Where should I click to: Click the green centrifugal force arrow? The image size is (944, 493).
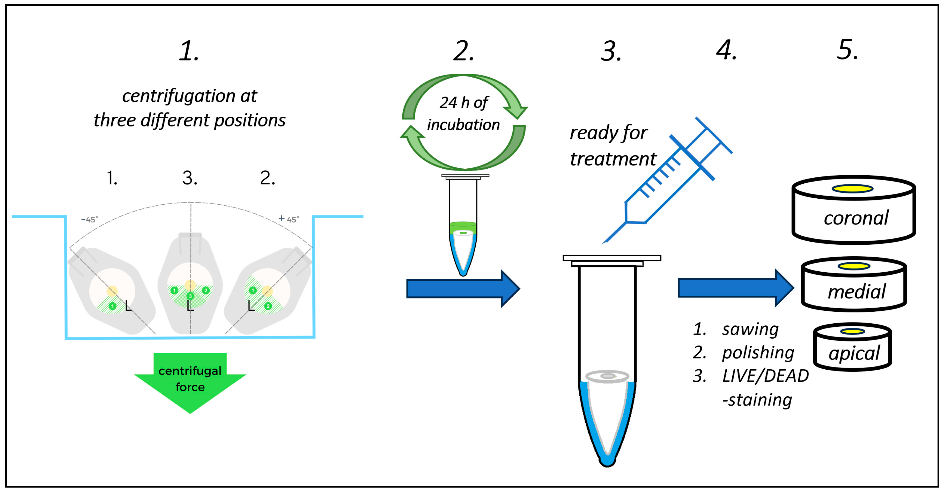tap(190, 381)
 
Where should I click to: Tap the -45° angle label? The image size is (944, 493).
tap(90, 219)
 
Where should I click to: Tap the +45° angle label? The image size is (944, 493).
tap(289, 219)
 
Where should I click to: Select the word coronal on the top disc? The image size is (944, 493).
tap(856, 218)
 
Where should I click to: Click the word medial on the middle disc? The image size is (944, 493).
tap(857, 292)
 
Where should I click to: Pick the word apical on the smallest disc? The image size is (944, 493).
tap(854, 353)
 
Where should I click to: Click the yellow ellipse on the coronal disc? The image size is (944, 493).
tap(852, 189)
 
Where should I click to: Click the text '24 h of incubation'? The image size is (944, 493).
tap(463, 114)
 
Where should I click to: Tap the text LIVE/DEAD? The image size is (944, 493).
tap(765, 376)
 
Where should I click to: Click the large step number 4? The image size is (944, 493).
tap(726, 50)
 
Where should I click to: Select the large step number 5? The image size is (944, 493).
tap(847, 50)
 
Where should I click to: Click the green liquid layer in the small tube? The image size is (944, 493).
tap(463, 226)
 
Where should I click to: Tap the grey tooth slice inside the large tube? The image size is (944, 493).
tap(607, 376)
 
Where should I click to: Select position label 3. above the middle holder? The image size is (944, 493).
tap(190, 178)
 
